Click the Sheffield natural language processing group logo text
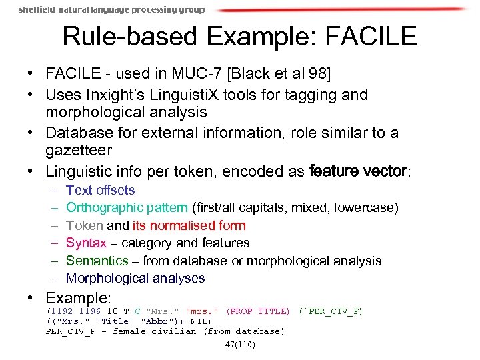coord(112,10)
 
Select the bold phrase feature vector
coord(359,171)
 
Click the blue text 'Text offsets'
coord(101,191)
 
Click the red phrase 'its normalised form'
coord(189,226)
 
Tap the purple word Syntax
coord(86,243)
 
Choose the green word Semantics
coord(97,261)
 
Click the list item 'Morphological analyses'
coord(135,279)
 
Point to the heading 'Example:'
coord(78,297)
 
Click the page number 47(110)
coord(240,345)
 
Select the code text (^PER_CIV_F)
coord(331,311)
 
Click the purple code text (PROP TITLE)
coord(258,311)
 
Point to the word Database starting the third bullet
coord(77,133)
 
